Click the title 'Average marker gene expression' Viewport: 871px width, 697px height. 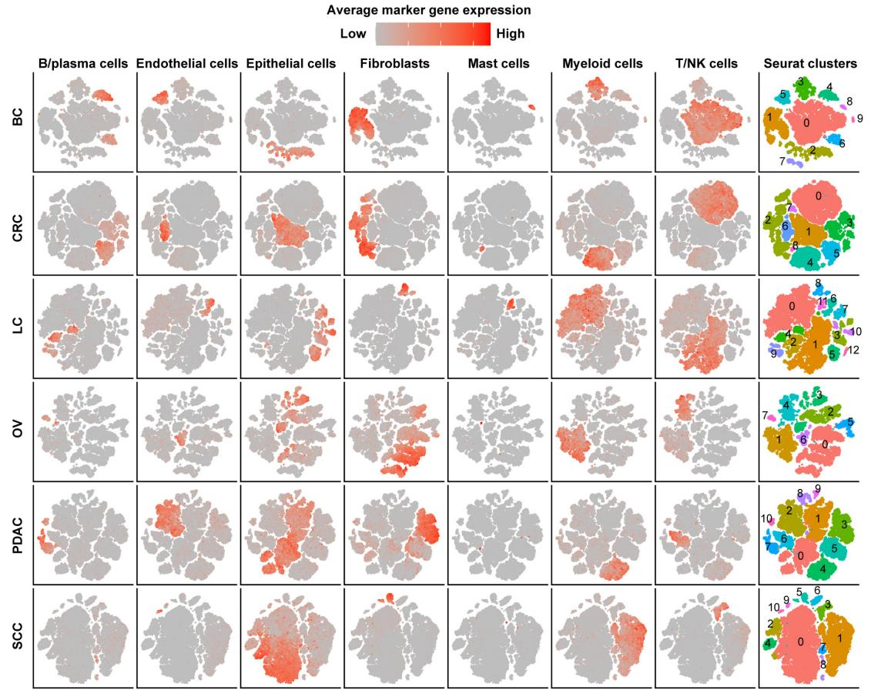pos(429,11)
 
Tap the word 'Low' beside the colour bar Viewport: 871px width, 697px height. pos(353,34)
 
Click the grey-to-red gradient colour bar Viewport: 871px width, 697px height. pos(432,35)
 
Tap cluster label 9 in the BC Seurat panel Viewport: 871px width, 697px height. pos(860,119)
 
